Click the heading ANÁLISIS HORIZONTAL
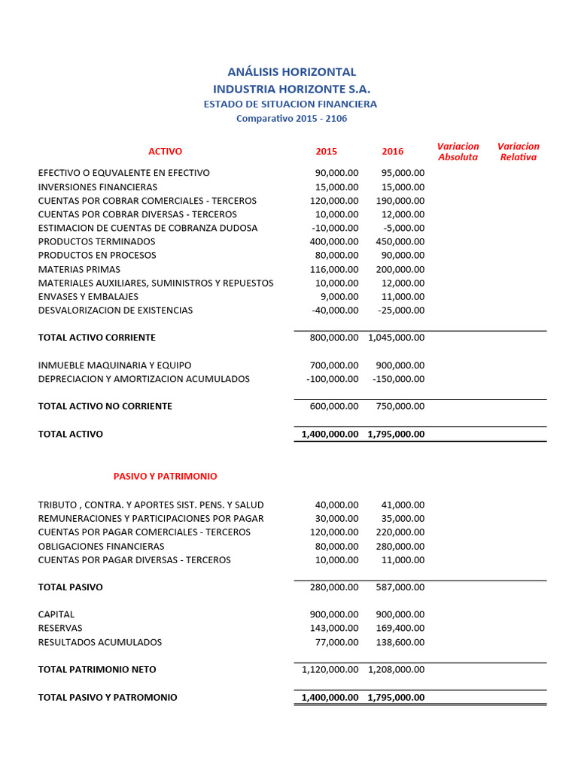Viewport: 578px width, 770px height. tap(292, 72)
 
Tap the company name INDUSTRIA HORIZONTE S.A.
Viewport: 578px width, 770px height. tap(292, 89)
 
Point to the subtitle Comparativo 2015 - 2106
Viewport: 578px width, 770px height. tap(292, 118)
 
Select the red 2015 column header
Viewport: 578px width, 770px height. tap(327, 151)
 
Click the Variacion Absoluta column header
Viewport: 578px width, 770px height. tap(458, 151)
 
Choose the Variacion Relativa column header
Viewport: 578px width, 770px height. tap(519, 151)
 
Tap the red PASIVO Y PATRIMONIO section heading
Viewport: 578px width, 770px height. tap(166, 476)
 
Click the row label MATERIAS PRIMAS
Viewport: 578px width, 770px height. tap(79, 269)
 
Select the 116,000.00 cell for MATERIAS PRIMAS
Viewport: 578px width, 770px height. tap(334, 269)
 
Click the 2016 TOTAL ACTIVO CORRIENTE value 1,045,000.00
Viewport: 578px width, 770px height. tap(396, 338)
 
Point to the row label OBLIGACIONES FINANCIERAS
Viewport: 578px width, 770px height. tap(101, 546)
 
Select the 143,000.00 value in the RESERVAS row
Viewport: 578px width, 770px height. tap(334, 628)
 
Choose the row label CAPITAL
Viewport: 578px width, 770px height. tap(56, 614)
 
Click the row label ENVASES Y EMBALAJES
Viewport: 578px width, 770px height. tap(88, 296)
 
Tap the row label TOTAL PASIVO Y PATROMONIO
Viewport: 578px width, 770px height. tap(108, 697)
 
